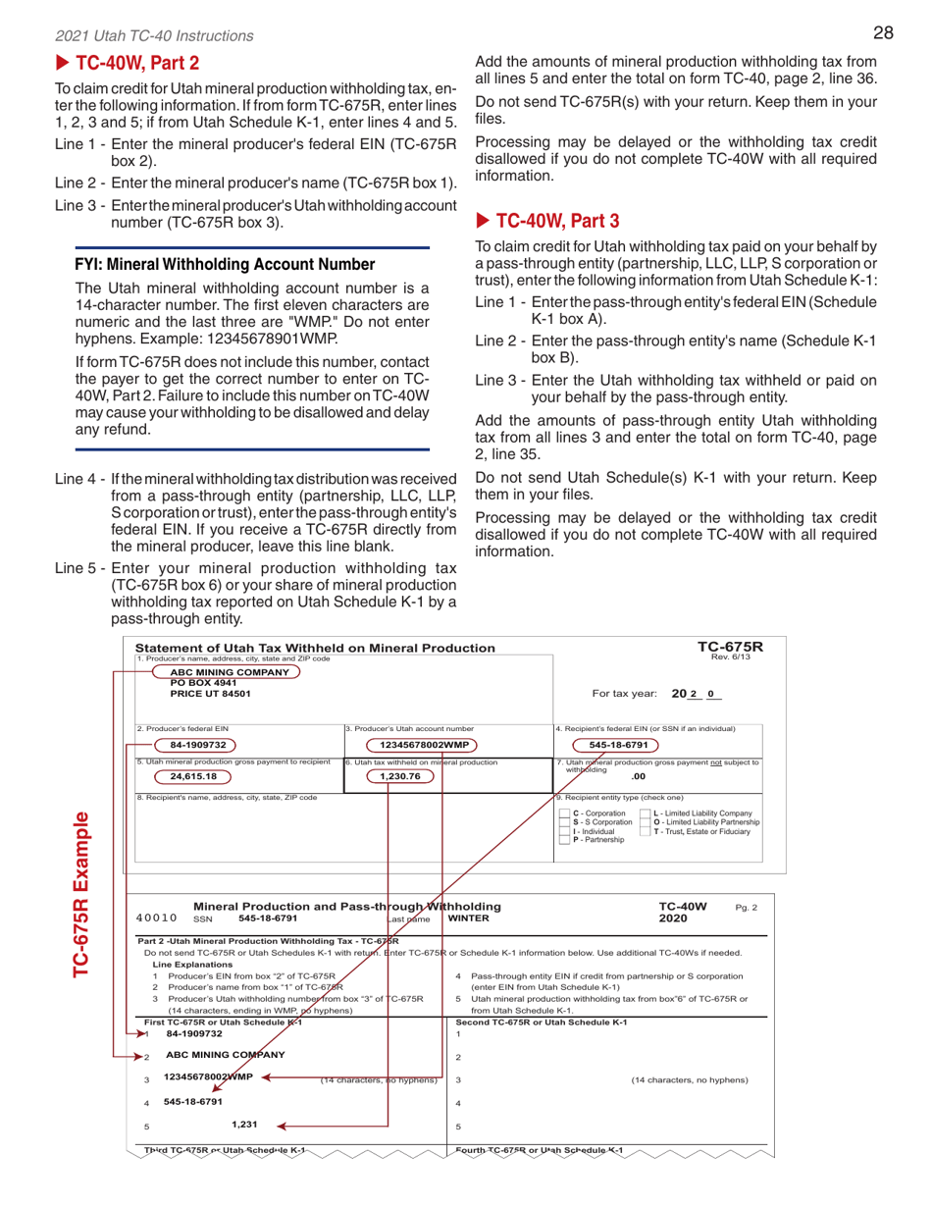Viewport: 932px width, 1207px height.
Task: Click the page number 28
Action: pos(881,33)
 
